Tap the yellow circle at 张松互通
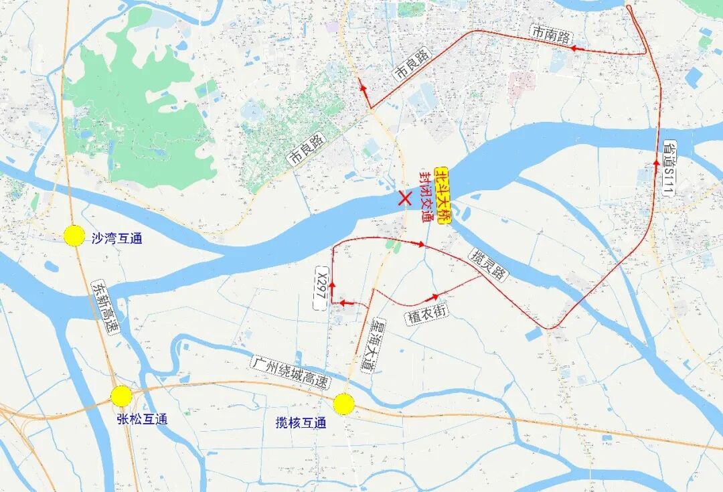coord(121,396)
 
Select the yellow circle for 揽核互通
coord(343,404)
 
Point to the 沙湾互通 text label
coord(116,238)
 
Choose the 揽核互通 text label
coord(301,423)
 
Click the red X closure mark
coord(404,197)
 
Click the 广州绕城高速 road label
coord(291,373)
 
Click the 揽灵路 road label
coord(489,265)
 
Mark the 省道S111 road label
coord(669,167)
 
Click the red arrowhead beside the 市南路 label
coord(574,48)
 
